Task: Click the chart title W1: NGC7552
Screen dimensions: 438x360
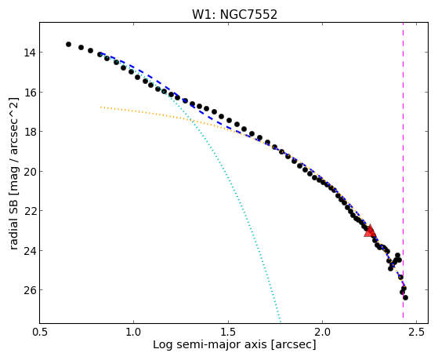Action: click(234, 14)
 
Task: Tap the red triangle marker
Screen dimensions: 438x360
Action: click(370, 231)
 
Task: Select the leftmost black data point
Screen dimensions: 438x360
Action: click(68, 44)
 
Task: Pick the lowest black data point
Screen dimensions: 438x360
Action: click(405, 297)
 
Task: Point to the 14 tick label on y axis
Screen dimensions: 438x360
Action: click(29, 53)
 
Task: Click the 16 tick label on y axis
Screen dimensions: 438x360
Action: click(29, 93)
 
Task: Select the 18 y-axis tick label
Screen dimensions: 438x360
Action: click(29, 132)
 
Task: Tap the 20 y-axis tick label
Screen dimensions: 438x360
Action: click(29, 172)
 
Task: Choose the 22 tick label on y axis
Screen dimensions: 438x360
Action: click(29, 211)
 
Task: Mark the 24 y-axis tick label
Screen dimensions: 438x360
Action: click(29, 251)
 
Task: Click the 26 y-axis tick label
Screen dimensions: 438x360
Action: click(29, 290)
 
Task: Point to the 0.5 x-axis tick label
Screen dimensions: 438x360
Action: click(40, 332)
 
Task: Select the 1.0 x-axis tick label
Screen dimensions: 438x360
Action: click(134, 332)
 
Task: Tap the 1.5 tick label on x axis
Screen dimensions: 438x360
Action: click(228, 332)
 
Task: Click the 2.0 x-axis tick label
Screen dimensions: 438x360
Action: click(322, 332)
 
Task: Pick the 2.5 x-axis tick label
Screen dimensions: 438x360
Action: click(417, 332)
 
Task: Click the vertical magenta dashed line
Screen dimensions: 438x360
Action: click(403, 170)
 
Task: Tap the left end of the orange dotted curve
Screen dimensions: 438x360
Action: click(101, 107)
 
